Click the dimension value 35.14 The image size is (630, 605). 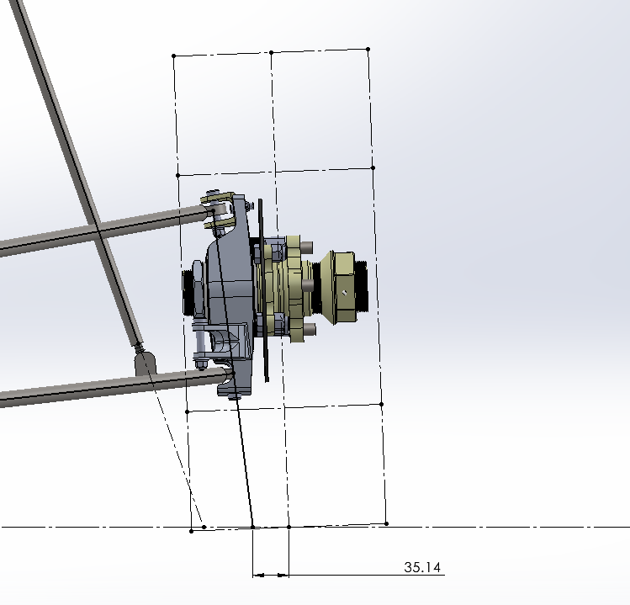coord(422,567)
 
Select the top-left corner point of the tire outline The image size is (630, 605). coord(173,56)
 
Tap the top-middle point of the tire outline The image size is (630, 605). coord(271,53)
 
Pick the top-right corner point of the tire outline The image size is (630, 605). coord(368,50)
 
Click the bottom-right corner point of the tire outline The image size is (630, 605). coord(387,523)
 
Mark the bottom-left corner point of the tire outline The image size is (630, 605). coord(191,531)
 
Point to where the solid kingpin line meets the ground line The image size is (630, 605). coord(252,527)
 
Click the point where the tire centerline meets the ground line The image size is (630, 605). coord(289,527)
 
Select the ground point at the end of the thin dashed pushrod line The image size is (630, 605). coord(204,527)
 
